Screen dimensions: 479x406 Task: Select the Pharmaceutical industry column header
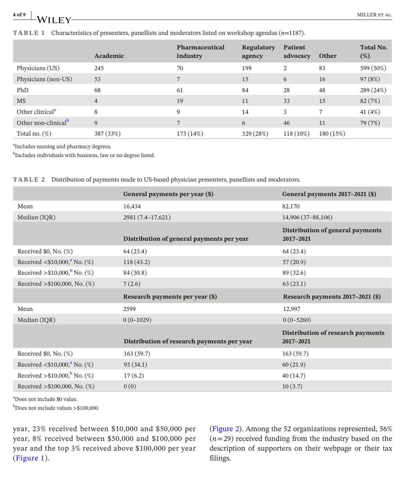200,51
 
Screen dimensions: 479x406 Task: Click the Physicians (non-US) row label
44,79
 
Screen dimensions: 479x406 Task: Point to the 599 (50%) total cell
373,68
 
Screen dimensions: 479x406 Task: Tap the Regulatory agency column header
258,51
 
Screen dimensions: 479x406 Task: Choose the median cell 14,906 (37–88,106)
307,218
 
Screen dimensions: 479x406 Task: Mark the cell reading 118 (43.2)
137,262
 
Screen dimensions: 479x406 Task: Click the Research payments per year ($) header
165,297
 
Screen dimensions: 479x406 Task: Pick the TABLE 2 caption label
29,180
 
